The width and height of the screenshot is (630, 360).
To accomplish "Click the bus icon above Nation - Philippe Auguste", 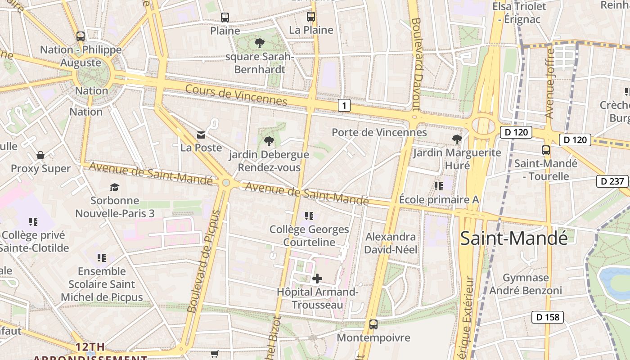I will pos(81,36).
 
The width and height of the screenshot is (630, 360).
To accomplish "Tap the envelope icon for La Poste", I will pos(201,135).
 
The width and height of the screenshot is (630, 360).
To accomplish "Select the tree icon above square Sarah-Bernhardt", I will pos(259,43).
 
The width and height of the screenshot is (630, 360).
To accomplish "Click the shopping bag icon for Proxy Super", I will pos(40,156).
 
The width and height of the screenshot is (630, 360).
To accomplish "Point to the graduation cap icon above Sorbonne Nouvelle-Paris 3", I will pos(115,187).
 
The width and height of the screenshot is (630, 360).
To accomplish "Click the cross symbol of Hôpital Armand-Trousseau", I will pos(317,279).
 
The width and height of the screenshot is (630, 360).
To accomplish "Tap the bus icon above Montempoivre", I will pos(373,324).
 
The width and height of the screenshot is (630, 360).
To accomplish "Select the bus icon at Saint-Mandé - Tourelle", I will pos(546,150).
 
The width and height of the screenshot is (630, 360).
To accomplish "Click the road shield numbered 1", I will pos(344,106).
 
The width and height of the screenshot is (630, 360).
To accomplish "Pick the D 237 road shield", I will pos(612,181).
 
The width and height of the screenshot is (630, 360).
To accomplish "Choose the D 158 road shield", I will pos(548,317).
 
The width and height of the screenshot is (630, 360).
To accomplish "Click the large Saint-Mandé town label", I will pos(514,238).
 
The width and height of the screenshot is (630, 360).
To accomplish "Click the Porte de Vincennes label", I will pos(379,132).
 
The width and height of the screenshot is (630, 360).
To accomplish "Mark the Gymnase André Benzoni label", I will pos(526,284).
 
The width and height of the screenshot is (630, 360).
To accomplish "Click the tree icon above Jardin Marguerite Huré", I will pos(457,139).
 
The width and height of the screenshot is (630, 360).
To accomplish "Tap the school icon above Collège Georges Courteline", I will pos(309,216).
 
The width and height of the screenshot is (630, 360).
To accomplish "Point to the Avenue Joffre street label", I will pos(549,83).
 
